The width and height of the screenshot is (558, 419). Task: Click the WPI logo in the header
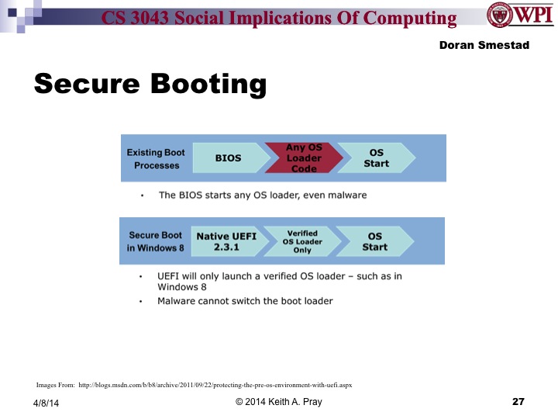click(518, 16)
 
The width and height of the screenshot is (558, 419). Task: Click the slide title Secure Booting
click(150, 84)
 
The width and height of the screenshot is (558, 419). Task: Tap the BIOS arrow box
click(228, 158)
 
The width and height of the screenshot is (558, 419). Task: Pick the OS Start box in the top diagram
click(375, 158)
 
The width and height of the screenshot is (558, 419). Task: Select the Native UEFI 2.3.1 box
click(225, 241)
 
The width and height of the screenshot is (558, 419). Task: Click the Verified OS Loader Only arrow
click(301, 241)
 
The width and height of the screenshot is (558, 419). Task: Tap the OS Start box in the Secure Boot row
click(374, 241)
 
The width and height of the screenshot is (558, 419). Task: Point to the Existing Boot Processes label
click(156, 159)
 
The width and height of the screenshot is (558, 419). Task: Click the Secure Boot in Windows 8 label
click(156, 241)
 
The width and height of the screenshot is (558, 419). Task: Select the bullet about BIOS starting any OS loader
click(262, 196)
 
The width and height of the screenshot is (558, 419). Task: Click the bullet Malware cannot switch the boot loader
click(245, 301)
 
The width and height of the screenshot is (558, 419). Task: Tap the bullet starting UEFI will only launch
click(280, 282)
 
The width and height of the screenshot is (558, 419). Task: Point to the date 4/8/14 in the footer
click(46, 403)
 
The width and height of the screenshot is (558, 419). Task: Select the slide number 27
click(518, 402)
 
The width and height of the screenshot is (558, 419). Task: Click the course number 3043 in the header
click(166, 19)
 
